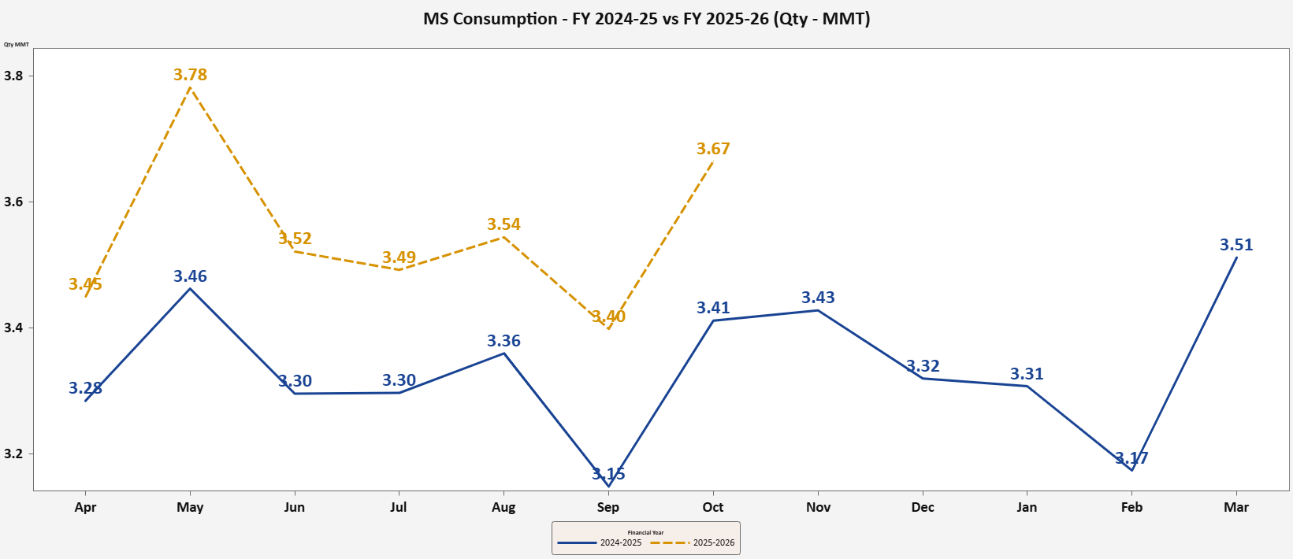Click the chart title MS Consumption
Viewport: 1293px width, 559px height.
[x=646, y=19]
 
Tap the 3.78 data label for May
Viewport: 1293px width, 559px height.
[x=191, y=75]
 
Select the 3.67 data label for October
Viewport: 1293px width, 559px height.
[x=713, y=149]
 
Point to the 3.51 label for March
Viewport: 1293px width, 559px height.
[x=1236, y=245]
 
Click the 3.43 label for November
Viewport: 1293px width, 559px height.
[x=818, y=298]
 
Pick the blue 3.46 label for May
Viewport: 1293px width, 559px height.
[x=191, y=276]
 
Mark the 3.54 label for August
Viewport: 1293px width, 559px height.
[x=503, y=224]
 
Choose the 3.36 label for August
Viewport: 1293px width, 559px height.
[x=503, y=341]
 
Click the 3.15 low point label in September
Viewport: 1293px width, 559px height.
[x=608, y=474]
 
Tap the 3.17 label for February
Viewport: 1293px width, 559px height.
[x=1131, y=458]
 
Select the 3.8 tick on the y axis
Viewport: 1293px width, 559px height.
[x=13, y=76]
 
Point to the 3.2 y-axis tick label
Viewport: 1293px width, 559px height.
[x=13, y=454]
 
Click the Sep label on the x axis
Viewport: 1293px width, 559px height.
[x=608, y=507]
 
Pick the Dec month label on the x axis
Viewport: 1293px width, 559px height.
[x=923, y=507]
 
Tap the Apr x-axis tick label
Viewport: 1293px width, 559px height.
[x=85, y=507]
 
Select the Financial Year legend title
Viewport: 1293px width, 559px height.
[x=645, y=532]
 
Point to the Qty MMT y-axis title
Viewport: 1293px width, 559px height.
[x=17, y=45]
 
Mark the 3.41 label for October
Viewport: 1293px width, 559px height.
[x=713, y=308]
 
